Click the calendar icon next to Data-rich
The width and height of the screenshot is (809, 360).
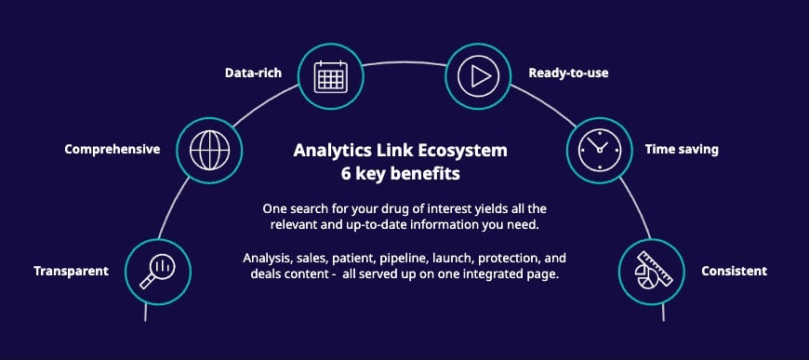point(330,74)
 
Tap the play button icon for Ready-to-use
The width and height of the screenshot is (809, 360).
point(478,74)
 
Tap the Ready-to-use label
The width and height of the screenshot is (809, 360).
point(569,72)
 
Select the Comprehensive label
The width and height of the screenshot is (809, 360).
point(113,149)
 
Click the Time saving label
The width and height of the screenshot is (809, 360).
point(682,149)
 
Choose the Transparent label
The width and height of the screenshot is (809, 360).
point(72,272)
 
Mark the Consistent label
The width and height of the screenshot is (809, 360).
point(735,272)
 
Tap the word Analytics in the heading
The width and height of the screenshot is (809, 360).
point(333,150)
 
